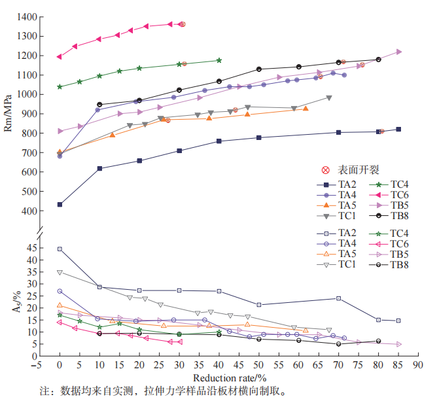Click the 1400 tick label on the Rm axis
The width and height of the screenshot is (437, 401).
27,16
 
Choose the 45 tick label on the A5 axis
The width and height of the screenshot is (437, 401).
31,248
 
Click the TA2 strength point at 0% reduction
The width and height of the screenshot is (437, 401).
60,204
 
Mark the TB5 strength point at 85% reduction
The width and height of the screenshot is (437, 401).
399,52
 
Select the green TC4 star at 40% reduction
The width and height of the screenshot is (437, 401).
219,60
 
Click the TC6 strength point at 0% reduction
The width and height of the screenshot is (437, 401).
60,56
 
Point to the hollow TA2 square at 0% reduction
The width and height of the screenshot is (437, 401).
60,249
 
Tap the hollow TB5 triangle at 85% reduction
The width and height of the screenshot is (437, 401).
399,344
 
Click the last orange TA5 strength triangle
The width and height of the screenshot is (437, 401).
306,109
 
